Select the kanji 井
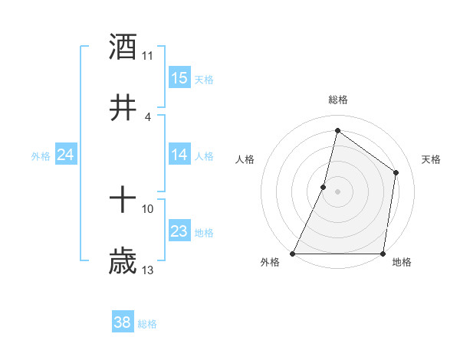[x=123, y=108]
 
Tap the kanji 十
[x=123, y=201]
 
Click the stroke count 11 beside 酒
[x=148, y=55]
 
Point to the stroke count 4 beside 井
[x=148, y=116]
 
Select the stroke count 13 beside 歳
[x=148, y=270]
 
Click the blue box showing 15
[x=179, y=78]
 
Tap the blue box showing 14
[x=179, y=155]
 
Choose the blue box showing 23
[x=179, y=231]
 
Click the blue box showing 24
[x=66, y=155]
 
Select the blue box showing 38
[x=123, y=322]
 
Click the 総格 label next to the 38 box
[x=147, y=324]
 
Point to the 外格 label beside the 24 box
[x=41, y=156]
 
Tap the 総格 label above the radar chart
[x=338, y=100]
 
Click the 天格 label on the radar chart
[x=432, y=159]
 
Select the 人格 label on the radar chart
[x=245, y=159]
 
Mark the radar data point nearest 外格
[x=293, y=254]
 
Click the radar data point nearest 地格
[x=383, y=254]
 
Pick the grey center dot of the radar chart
[x=338, y=191]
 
